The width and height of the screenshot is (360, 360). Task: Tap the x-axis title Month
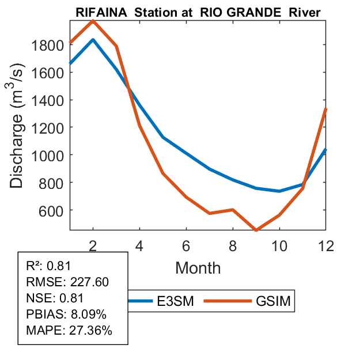point(198,267)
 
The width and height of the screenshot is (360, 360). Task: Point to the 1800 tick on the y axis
point(50,45)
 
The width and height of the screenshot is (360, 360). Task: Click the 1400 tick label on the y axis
point(50,100)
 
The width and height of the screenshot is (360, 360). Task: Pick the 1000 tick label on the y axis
point(50,155)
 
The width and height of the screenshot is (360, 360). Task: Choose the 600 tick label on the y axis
point(53,210)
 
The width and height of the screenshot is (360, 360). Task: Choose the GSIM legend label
point(273,301)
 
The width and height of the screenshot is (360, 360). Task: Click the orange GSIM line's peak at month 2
point(93,21)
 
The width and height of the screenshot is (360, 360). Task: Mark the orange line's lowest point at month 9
point(256,230)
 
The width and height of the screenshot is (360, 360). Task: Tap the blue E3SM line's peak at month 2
point(93,40)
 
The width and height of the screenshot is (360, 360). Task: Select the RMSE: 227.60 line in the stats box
point(67,282)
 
